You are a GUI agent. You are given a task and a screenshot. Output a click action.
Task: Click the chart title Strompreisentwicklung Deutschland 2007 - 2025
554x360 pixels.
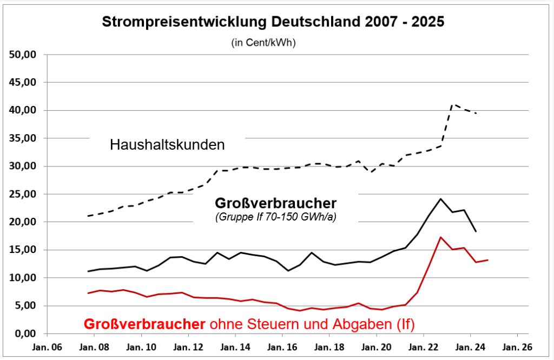pyautogui.click(x=273, y=22)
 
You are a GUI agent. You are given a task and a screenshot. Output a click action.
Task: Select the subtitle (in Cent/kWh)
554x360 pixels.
pyautogui.click(x=263, y=42)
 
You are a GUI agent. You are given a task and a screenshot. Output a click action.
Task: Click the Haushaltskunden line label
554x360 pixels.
pyautogui.click(x=167, y=145)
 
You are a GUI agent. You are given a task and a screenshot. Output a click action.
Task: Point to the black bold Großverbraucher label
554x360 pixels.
pyautogui.click(x=276, y=203)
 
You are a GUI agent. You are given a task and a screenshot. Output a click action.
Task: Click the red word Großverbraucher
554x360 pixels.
pyautogui.click(x=144, y=324)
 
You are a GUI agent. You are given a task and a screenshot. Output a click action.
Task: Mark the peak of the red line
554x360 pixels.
pyautogui.click(x=441, y=237)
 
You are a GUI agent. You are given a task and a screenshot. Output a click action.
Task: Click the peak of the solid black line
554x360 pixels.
pyautogui.click(x=441, y=198)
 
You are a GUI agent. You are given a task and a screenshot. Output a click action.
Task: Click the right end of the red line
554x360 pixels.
pyautogui.click(x=488, y=260)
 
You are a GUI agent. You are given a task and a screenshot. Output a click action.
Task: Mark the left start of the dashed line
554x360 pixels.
pyautogui.click(x=88, y=216)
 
